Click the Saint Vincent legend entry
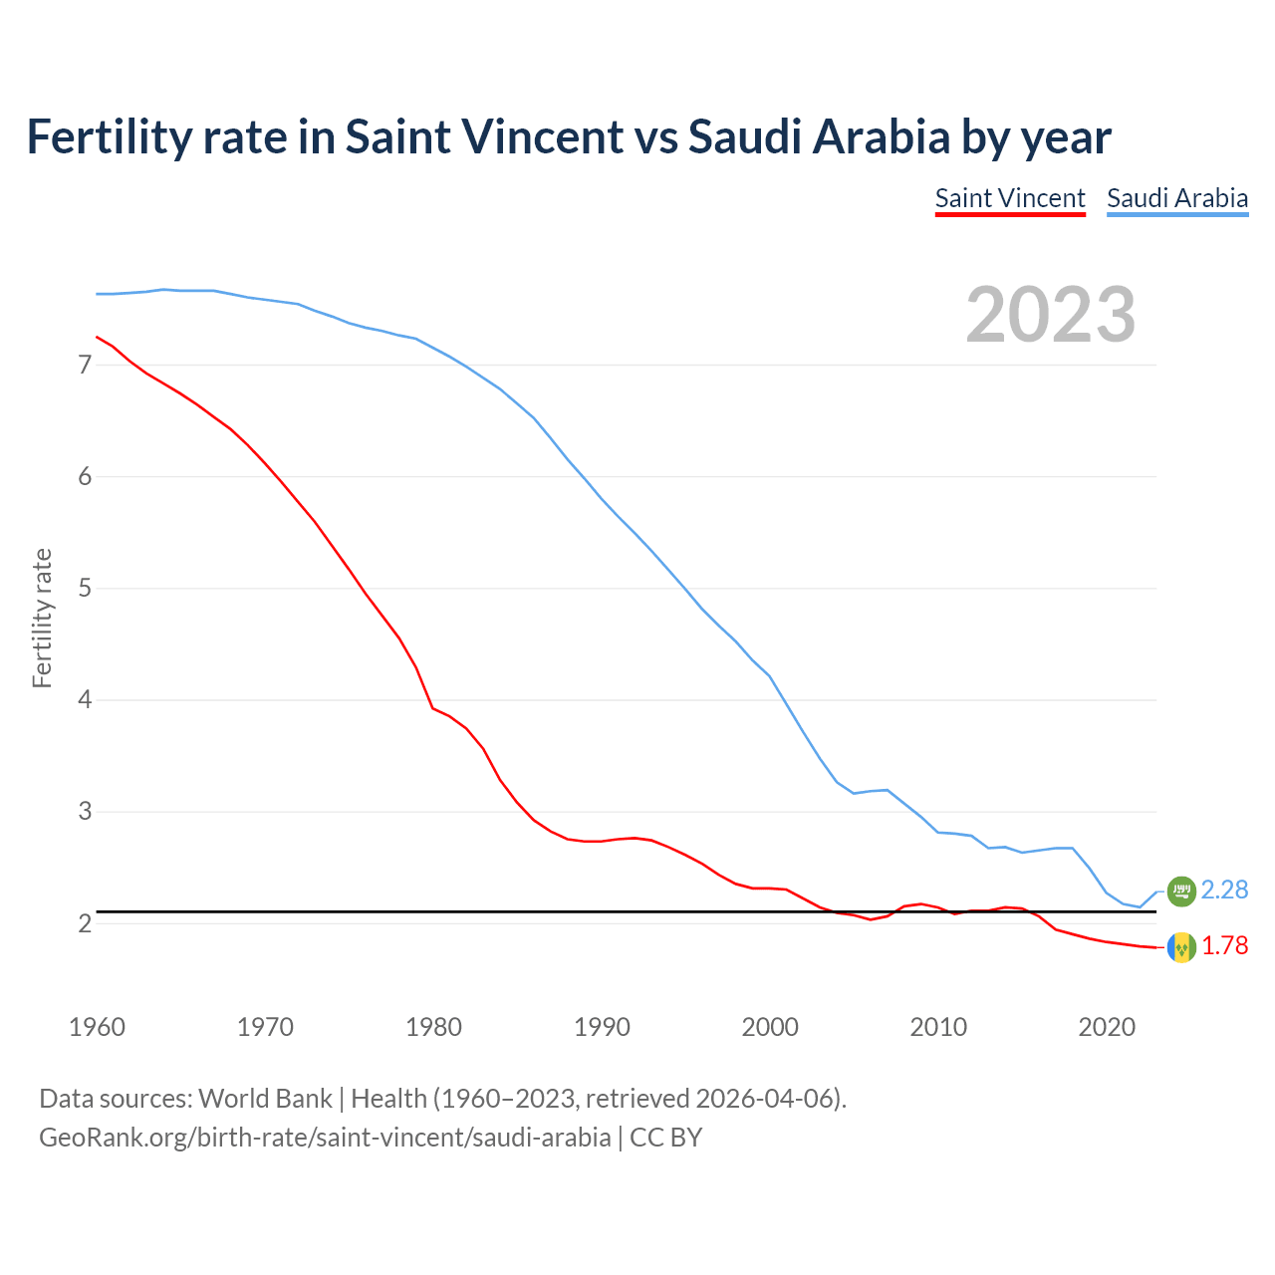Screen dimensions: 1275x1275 pyautogui.click(x=1010, y=198)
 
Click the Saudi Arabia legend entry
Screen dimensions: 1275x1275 pyautogui.click(x=1177, y=198)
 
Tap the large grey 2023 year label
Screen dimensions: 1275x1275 pyautogui.click(x=1051, y=315)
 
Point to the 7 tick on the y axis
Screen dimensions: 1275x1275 pyautogui.click(x=85, y=366)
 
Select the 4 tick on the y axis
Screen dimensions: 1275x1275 pyautogui.click(x=85, y=700)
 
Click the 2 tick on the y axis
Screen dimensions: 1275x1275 pyautogui.click(x=85, y=923)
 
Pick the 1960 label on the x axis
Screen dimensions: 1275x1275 pyautogui.click(x=97, y=1027)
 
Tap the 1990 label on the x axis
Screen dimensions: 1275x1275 pyautogui.click(x=602, y=1027)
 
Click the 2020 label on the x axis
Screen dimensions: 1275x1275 pyautogui.click(x=1107, y=1027)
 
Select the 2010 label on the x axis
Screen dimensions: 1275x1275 pyautogui.click(x=938, y=1027)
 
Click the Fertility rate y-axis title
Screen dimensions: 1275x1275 pyautogui.click(x=42, y=618)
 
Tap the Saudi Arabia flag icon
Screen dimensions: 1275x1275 pyautogui.click(x=1181, y=891)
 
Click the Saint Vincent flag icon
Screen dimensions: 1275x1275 pyautogui.click(x=1181, y=946)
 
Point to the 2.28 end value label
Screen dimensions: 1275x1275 pyautogui.click(x=1224, y=890)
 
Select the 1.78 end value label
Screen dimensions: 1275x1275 pyautogui.click(x=1224, y=945)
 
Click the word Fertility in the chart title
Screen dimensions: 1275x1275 pyautogui.click(x=108, y=136)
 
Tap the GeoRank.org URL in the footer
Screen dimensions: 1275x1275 pyautogui.click(x=325, y=1137)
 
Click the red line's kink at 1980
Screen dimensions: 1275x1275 pyautogui.click(x=432, y=707)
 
